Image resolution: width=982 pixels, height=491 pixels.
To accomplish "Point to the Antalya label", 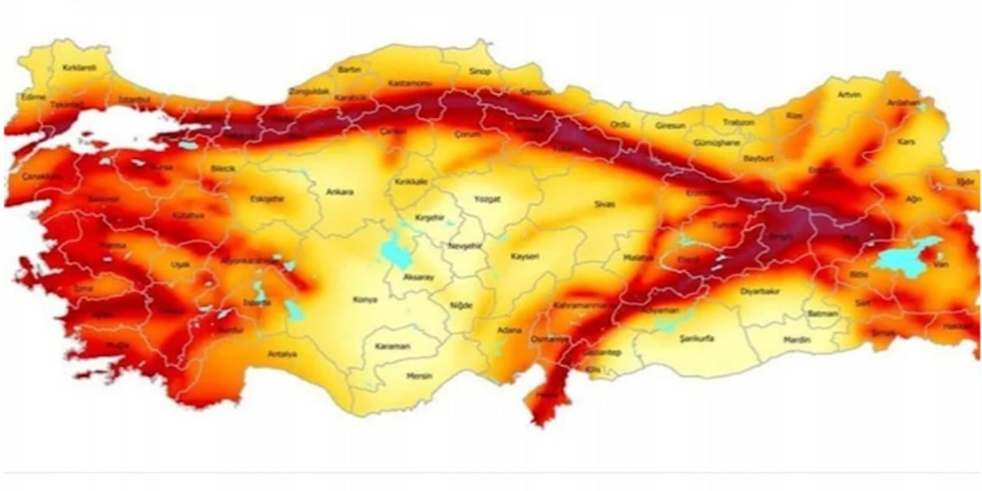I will pyautogui.click(x=282, y=354).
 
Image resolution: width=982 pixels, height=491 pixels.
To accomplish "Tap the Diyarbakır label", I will pyautogui.click(x=760, y=292).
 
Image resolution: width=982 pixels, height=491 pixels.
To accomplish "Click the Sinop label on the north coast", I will pyautogui.click(x=479, y=72).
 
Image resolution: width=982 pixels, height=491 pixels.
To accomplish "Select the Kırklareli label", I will pyautogui.click(x=79, y=68).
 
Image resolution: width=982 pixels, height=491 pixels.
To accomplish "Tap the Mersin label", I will pyautogui.click(x=420, y=376).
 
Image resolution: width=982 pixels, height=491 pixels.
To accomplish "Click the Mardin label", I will pyautogui.click(x=797, y=338).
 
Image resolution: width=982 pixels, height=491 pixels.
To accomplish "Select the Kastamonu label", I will pyautogui.click(x=410, y=83).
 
